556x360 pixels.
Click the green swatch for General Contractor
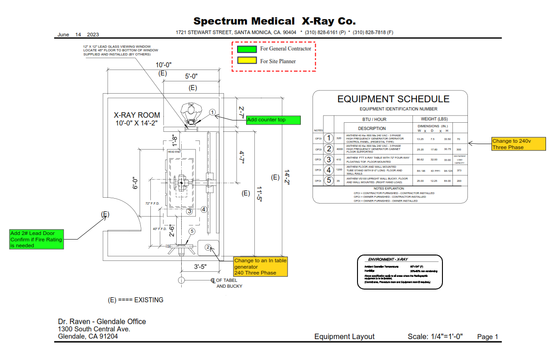(247, 49)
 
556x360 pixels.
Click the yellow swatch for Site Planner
(247, 61)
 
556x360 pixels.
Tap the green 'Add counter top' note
(273, 120)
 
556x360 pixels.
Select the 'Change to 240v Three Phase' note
(518, 144)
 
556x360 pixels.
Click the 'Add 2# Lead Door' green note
(36, 239)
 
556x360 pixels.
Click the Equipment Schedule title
(393, 99)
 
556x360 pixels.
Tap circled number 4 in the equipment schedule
(328, 170)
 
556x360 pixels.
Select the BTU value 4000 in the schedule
(339, 149)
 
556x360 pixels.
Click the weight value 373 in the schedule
(459, 170)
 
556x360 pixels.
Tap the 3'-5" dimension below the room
(200, 267)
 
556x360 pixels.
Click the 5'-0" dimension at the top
(191, 76)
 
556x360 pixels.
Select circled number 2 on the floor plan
(208, 247)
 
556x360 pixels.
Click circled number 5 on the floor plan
(192, 231)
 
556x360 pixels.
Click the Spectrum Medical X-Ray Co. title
(274, 21)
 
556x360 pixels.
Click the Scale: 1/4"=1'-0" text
(435, 337)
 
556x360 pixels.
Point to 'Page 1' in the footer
(487, 337)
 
